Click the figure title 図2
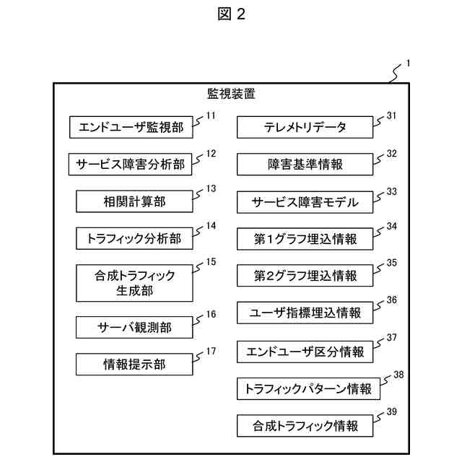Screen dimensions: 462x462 231,15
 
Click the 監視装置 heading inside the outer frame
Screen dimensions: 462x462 231,94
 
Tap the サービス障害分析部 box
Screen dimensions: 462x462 131,165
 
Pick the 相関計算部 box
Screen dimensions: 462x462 134,201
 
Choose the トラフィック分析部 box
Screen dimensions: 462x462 134,237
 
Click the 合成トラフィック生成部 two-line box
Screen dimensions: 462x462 134,283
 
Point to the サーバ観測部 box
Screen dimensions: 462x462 134,327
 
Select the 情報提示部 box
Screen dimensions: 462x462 134,365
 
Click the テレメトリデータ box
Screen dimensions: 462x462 305,128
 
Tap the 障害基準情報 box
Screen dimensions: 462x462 305,165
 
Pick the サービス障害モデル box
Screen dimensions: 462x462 305,201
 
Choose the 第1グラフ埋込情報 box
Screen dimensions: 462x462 305,237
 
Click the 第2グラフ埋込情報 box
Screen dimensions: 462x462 305,275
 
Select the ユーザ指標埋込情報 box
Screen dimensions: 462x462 305,313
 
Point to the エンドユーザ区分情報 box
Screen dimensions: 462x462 305,352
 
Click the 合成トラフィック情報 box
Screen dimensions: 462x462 305,425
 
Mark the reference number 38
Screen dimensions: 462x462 398,375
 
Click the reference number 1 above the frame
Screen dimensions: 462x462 408,64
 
